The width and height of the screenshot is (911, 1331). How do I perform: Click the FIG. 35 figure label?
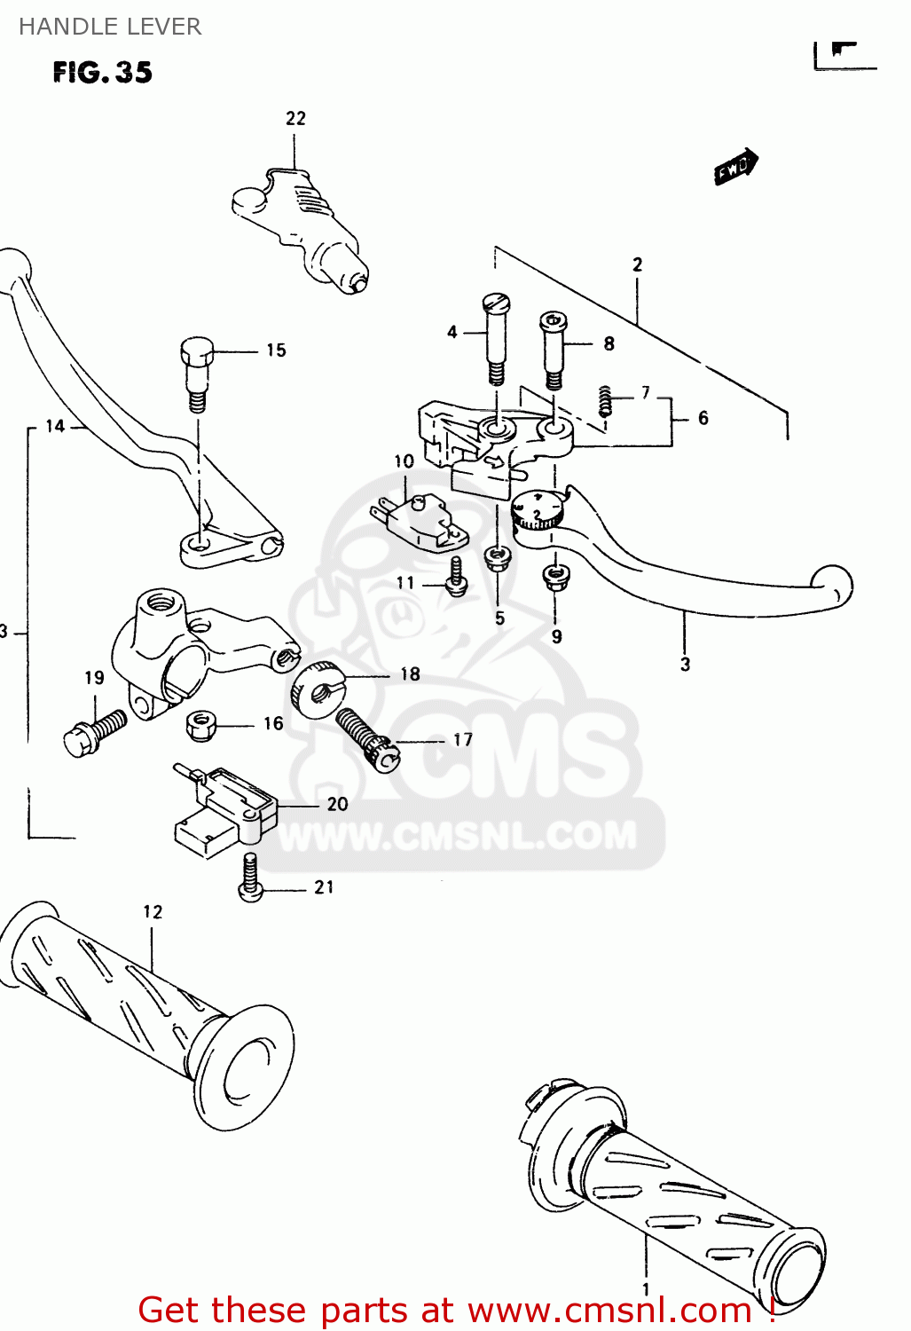[102, 72]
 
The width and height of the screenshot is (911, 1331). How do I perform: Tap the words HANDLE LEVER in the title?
[110, 27]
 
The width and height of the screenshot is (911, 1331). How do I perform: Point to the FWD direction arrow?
[735, 167]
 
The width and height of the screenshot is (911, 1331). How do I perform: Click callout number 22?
[295, 118]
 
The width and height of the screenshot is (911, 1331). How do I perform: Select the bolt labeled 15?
[197, 373]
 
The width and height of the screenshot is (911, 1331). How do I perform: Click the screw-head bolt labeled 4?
[497, 337]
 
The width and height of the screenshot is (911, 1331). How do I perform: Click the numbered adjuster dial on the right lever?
[538, 511]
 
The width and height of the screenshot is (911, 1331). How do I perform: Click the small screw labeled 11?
[456, 577]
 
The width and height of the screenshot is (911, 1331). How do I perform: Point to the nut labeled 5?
[498, 558]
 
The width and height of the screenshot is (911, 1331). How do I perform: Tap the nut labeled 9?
[555, 576]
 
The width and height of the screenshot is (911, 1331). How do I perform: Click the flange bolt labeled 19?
[95, 733]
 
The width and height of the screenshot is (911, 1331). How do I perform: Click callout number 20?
[337, 804]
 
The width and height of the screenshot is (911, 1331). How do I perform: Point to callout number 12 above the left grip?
[153, 911]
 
